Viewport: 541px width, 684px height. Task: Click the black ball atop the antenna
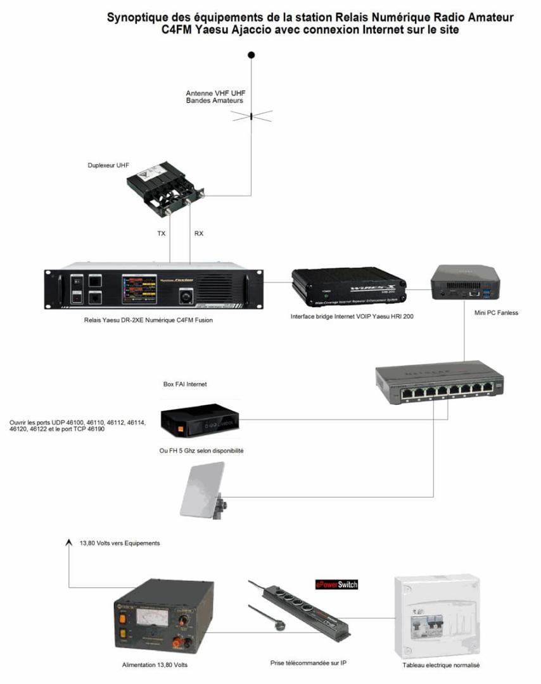[251, 55]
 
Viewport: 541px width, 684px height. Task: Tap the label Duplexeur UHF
[108, 165]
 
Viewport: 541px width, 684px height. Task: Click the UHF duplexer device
[167, 189]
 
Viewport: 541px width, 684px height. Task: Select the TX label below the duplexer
[162, 234]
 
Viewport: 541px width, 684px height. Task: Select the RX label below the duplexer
[199, 234]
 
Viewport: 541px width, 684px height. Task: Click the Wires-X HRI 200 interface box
[348, 288]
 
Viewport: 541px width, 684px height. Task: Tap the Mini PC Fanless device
[466, 282]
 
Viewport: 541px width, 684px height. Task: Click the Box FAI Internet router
[200, 421]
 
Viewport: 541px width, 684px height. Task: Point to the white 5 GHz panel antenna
[202, 490]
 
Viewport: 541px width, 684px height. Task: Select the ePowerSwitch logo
[336, 584]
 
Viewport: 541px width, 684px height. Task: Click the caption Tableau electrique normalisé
[441, 665]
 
